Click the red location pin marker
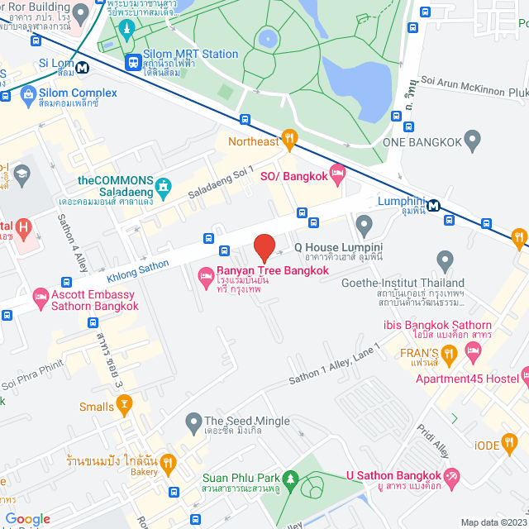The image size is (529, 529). [x=264, y=248]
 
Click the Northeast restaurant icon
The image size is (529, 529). [x=288, y=141]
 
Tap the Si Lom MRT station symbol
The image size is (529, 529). [x=83, y=67]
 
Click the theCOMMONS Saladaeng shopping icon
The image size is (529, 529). [x=164, y=188]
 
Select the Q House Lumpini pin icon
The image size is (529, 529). [x=364, y=224]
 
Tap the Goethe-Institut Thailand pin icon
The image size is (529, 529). [x=446, y=263]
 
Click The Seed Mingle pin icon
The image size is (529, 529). [x=193, y=423]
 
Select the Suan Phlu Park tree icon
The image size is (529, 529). [x=289, y=479]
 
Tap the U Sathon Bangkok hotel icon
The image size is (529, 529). [x=451, y=476]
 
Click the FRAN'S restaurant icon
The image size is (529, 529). [x=449, y=355]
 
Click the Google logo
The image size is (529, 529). [x=27, y=519]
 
